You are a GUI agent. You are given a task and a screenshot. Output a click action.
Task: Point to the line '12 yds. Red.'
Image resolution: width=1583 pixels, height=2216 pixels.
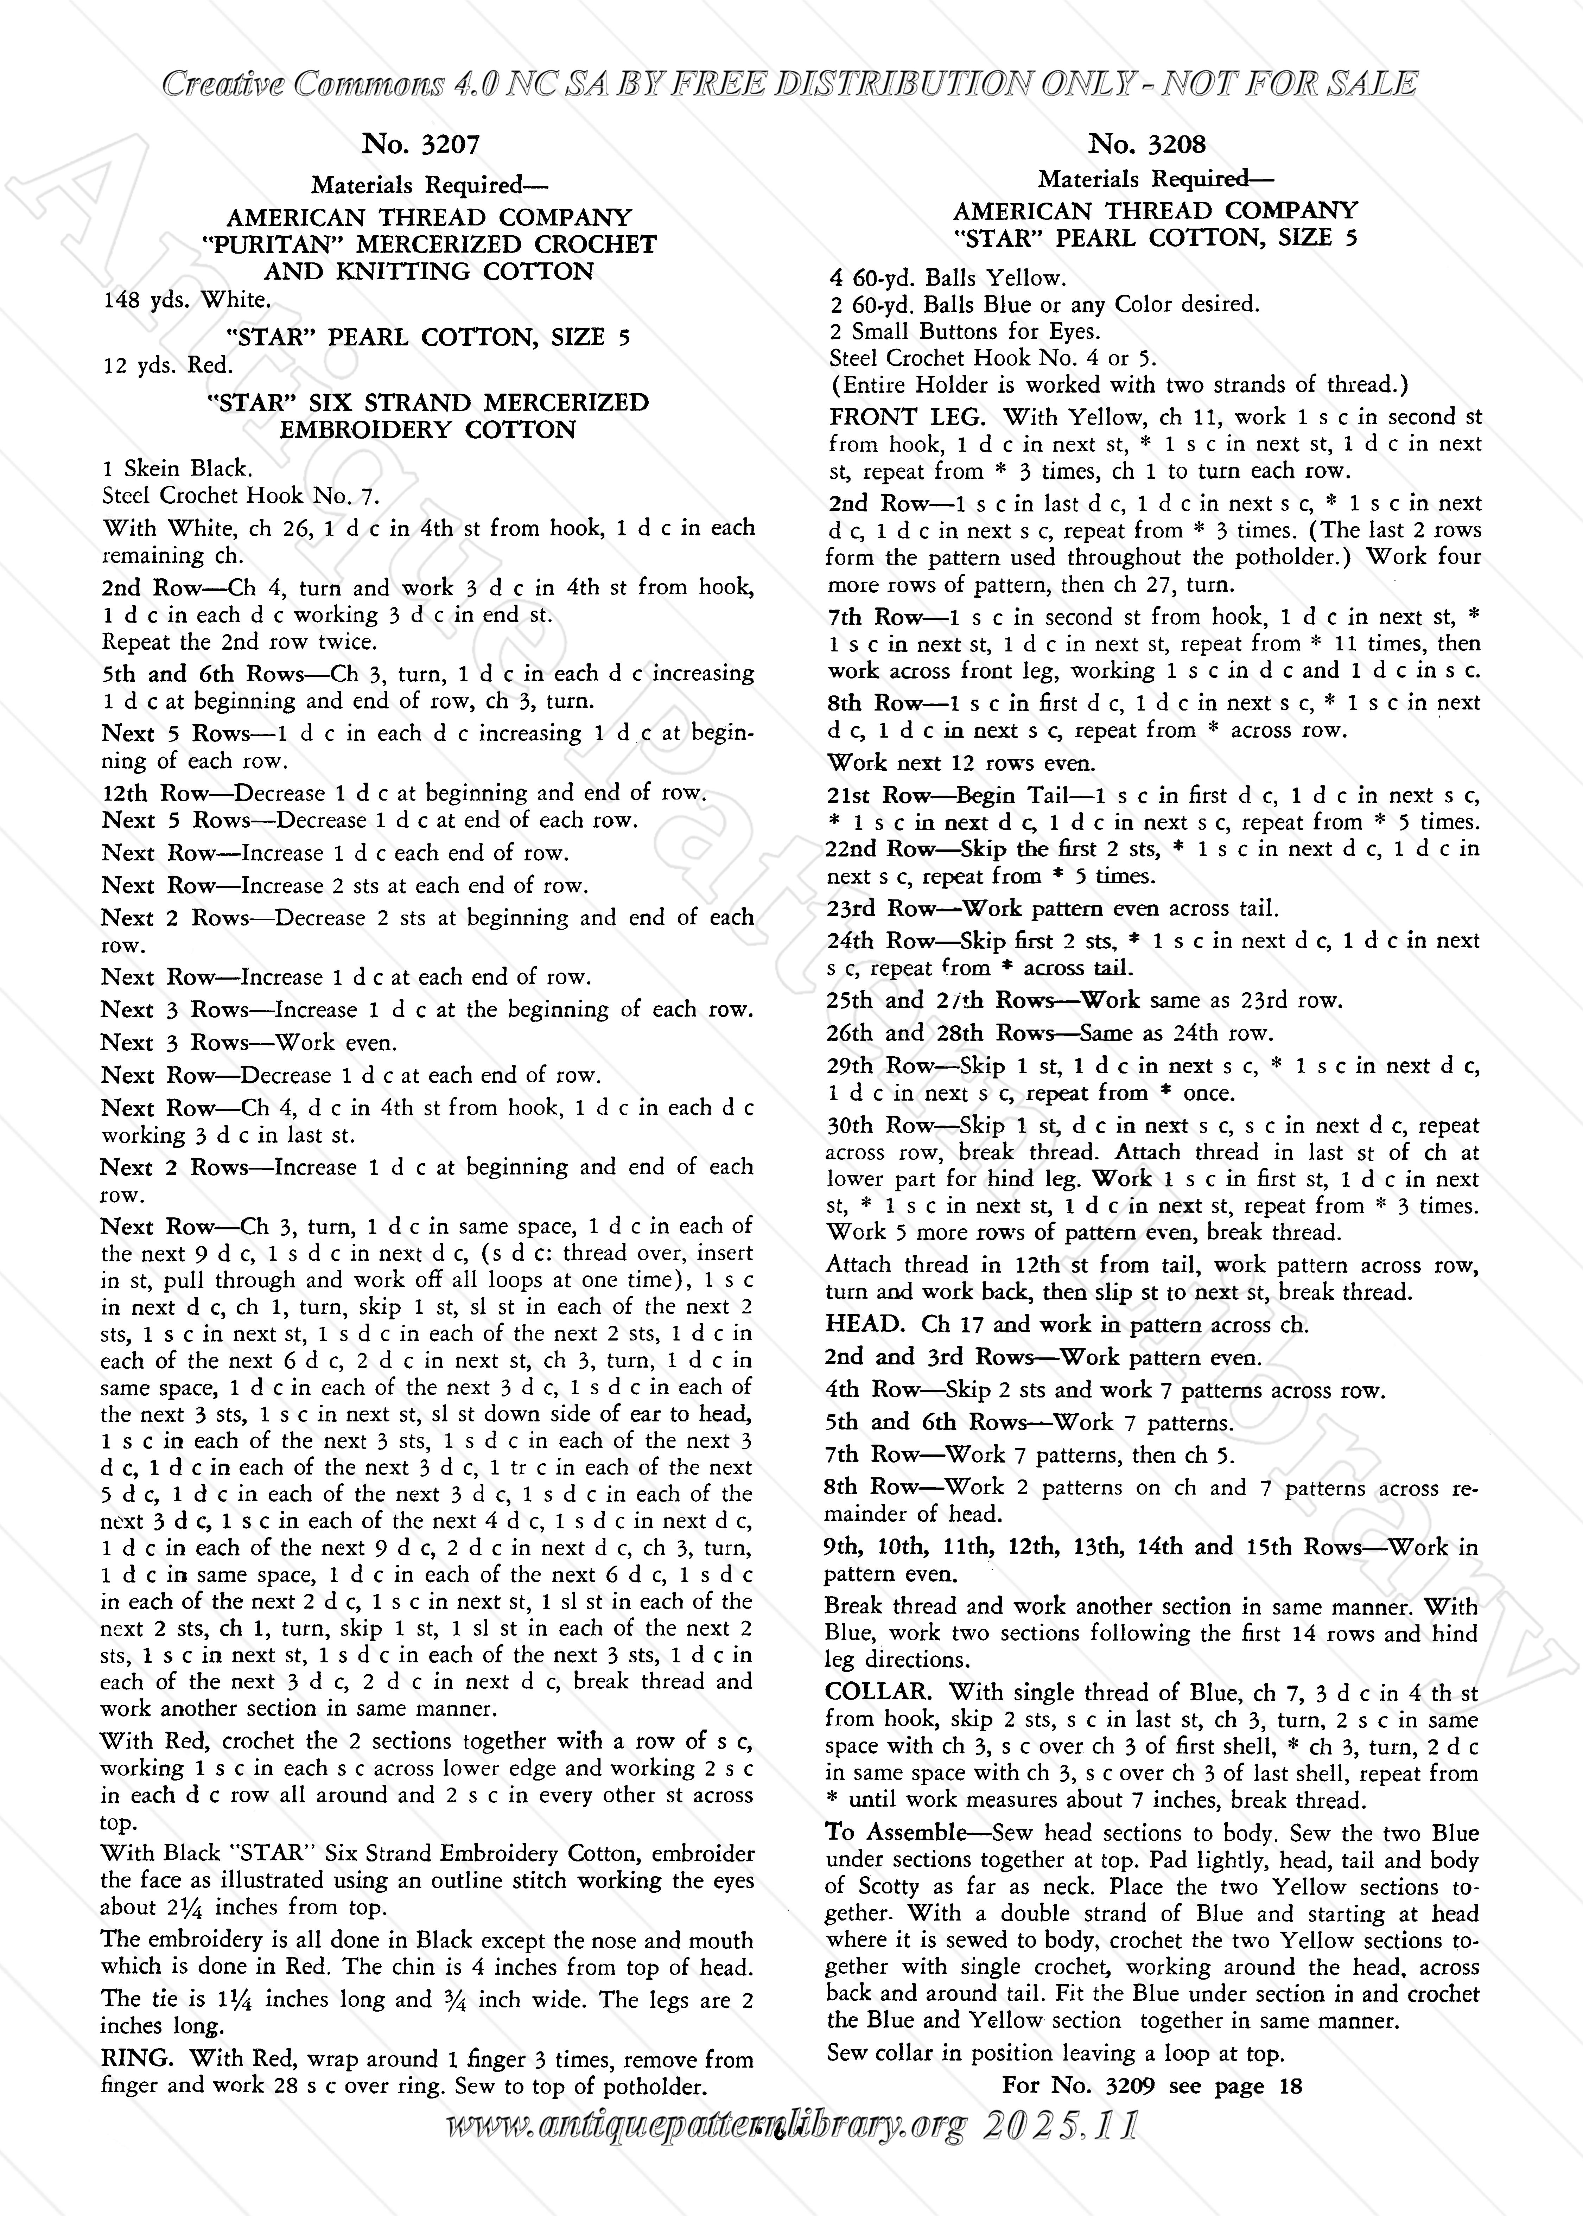tap(168, 365)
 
